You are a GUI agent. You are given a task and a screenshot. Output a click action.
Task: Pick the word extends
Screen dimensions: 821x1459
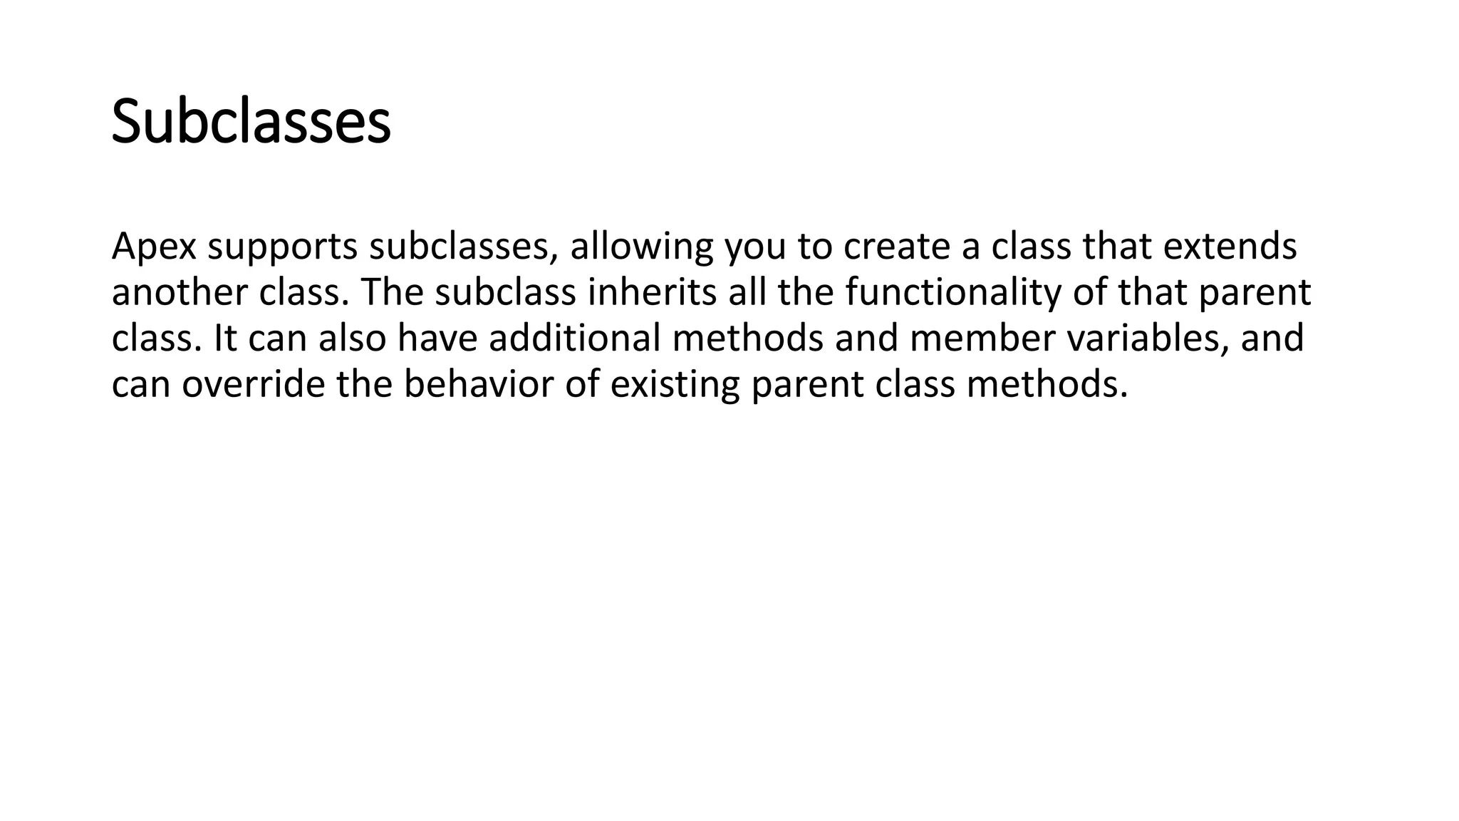pos(1230,247)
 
